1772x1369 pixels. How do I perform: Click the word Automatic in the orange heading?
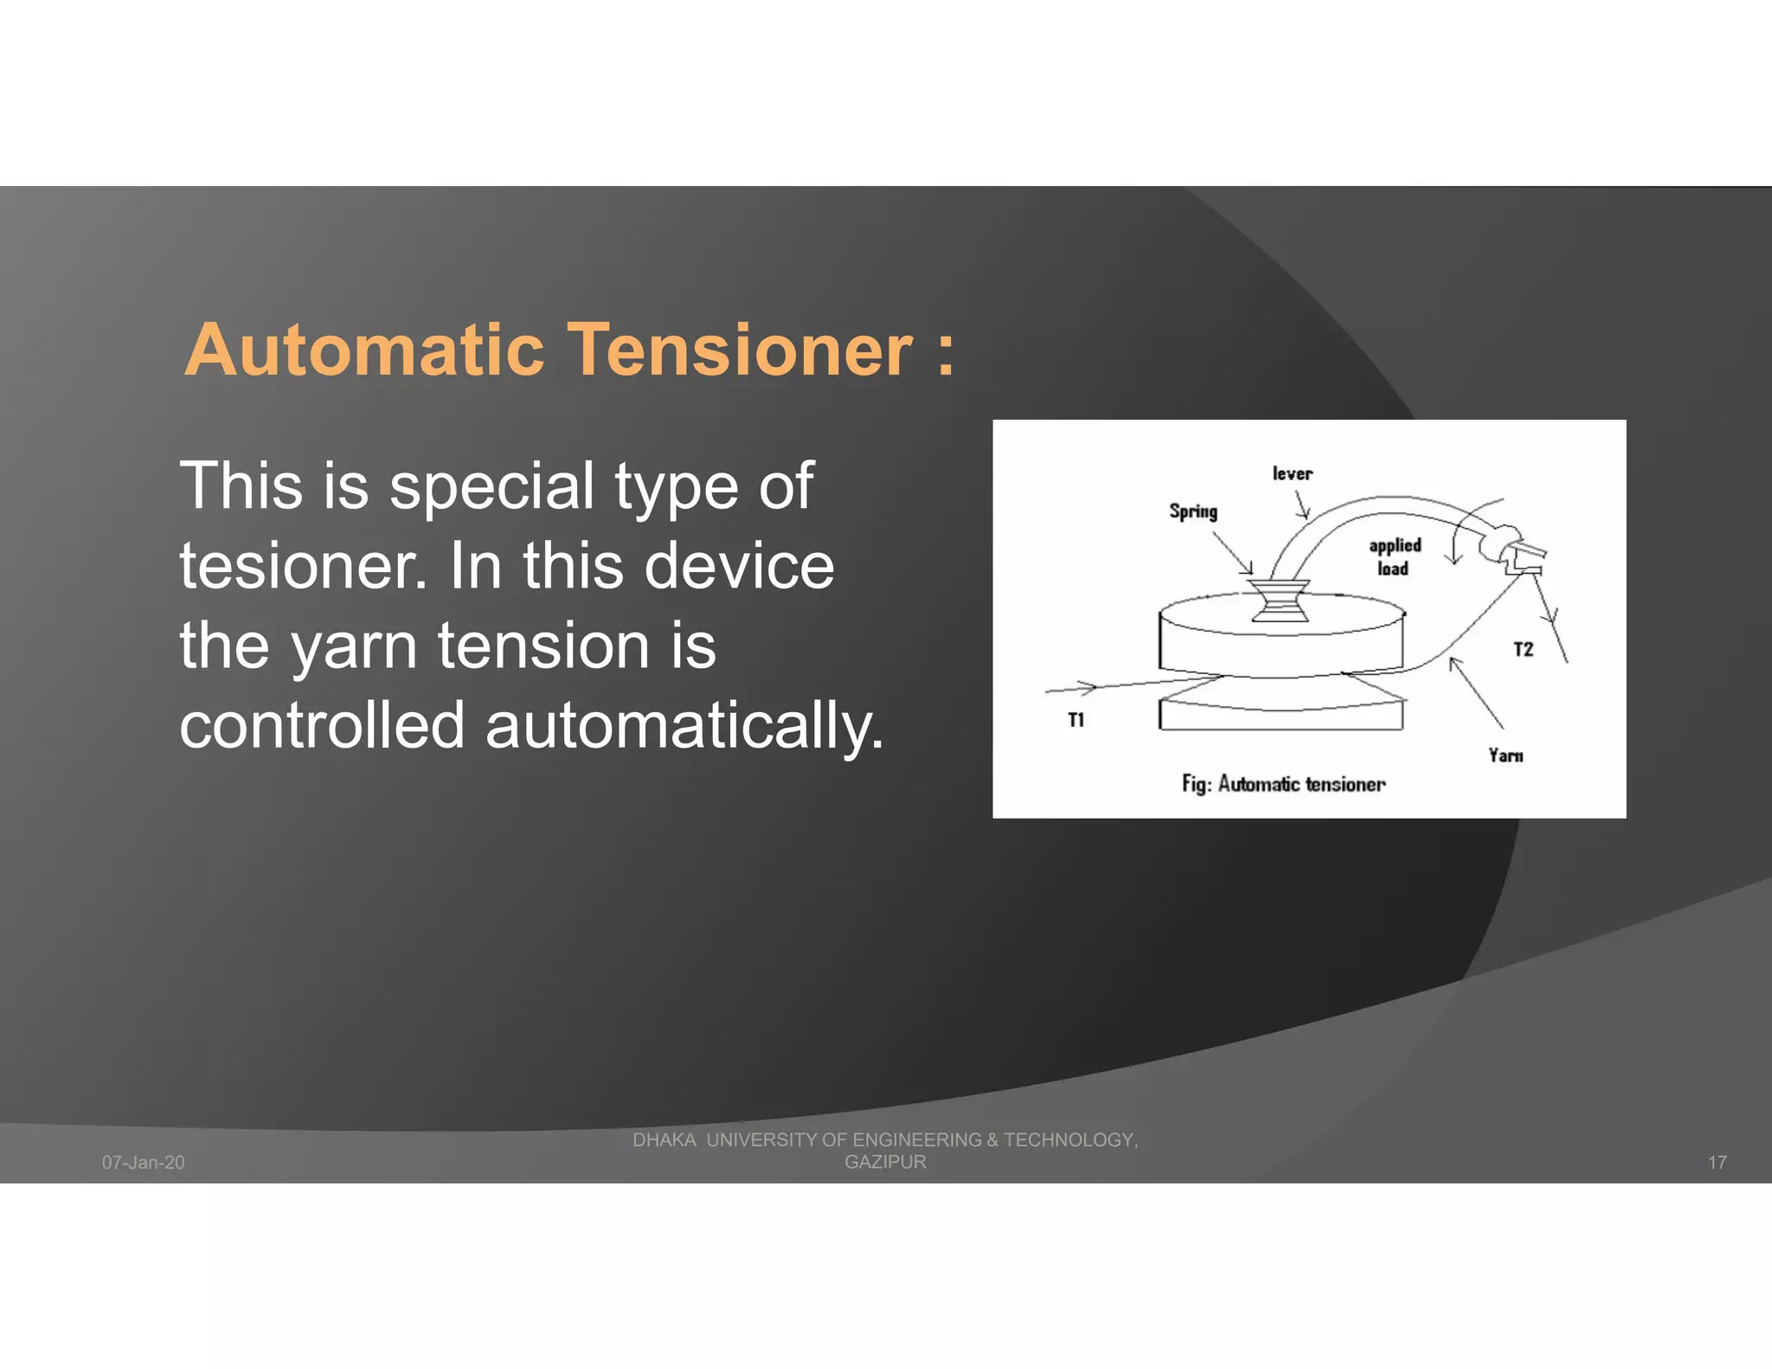point(364,350)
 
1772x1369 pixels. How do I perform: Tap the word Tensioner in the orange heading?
point(740,350)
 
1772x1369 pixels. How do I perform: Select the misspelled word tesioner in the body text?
point(302,566)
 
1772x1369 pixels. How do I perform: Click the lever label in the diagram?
point(1292,473)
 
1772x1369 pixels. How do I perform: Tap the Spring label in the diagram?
point(1193,511)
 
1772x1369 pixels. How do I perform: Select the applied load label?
point(1394,556)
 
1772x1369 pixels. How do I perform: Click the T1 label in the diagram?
point(1075,720)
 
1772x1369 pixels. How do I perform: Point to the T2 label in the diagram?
point(1523,649)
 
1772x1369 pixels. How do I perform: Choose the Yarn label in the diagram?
point(1506,755)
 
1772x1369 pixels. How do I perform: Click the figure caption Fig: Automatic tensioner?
point(1283,784)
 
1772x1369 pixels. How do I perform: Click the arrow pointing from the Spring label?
point(1232,551)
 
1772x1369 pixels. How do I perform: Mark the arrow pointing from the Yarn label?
point(1475,692)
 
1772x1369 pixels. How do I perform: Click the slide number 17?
point(1717,1162)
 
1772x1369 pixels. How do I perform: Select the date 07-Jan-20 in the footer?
point(144,1162)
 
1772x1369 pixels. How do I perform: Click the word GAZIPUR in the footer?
point(885,1162)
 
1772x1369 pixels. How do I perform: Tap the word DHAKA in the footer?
point(664,1140)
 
